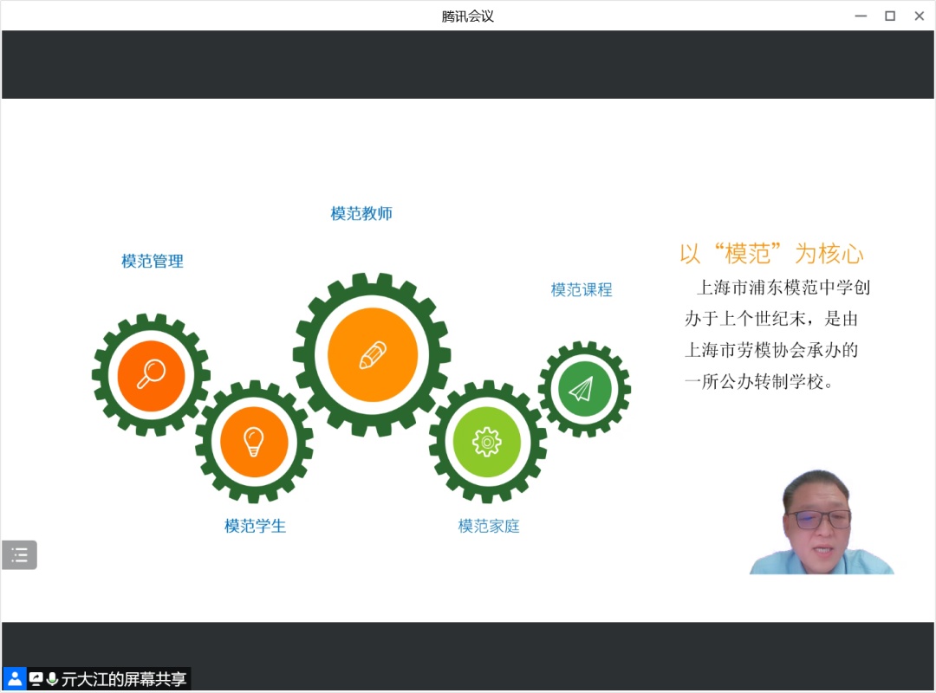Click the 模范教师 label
coord(361,214)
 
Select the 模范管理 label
coord(153,262)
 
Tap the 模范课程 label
coord(582,290)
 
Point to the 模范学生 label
coord(255,526)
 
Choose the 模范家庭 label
coord(488,526)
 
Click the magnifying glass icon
coord(151,373)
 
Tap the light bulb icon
coord(254,442)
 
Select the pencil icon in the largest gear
coord(373,355)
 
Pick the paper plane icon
coord(581,389)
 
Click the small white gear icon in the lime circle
coord(487,443)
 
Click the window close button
coord(920,16)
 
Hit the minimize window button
coord(861,16)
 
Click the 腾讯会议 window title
coord(468,16)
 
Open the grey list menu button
coord(19,555)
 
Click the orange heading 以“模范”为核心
coord(772,254)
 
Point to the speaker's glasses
coord(818,519)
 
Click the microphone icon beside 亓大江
coord(52,679)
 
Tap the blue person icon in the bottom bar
coord(15,678)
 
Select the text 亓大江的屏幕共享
coord(124,679)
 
